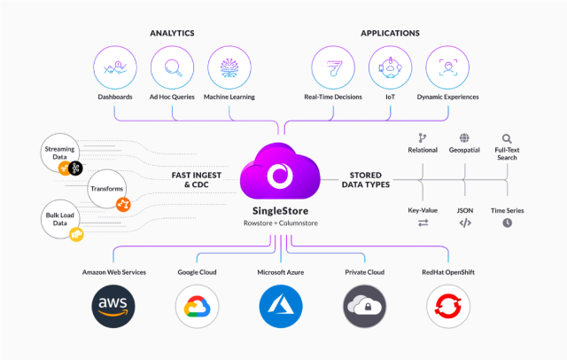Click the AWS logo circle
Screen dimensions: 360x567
pos(114,307)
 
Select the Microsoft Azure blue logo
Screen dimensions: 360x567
pos(282,307)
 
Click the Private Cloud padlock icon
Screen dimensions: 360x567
pos(365,307)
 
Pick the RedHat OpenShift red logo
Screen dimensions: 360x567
pos(449,307)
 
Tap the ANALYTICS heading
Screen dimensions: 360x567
pos(173,33)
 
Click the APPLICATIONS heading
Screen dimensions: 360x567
pos(391,33)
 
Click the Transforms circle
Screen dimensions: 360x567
pos(107,189)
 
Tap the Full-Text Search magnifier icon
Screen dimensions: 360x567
pos(507,138)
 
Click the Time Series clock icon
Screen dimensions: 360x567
pos(508,223)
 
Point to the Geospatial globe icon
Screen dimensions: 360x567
pos(464,138)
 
